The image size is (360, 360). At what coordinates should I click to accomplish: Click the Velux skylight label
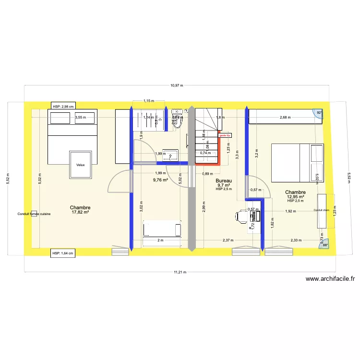coord(80,165)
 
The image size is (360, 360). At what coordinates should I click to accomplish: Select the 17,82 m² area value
coord(80,212)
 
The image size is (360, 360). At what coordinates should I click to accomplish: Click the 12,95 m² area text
coord(296,196)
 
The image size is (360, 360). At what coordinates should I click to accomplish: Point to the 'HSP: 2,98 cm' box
coord(63,107)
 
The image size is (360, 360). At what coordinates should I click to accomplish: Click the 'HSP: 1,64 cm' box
coord(63,252)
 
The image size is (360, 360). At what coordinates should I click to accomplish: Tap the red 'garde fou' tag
coord(225,135)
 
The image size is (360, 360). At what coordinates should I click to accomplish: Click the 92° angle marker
coord(319,113)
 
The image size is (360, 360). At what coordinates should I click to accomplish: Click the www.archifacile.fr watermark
coord(330,278)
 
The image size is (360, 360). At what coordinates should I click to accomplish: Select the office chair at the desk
coord(241,217)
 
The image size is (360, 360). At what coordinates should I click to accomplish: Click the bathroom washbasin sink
coord(171,155)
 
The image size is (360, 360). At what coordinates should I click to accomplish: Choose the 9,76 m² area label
coord(160,180)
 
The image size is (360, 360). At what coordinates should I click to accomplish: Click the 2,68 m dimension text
coord(286,117)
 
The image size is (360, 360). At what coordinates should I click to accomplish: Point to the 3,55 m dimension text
coord(80,117)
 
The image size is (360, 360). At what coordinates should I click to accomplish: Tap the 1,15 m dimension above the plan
coord(149,101)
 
